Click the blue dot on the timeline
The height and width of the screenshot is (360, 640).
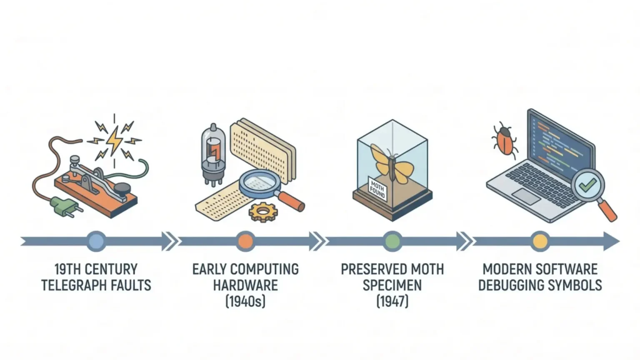pos(96,241)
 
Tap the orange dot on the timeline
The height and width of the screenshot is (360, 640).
pos(245,241)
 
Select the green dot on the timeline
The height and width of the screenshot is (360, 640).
pos(392,241)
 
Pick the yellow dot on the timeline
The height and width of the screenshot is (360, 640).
pos(540,241)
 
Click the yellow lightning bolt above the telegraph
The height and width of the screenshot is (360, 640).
pos(115,140)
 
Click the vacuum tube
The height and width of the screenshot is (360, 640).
pos(213,154)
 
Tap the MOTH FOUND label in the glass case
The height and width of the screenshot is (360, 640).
pos(377,189)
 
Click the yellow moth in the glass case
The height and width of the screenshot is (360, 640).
pos(391,164)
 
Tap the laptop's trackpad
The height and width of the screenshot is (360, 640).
pos(526,196)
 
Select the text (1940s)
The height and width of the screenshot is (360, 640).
pos(245,301)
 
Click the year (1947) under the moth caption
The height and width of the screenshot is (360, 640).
pos(392,301)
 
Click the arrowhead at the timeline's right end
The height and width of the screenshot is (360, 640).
pos(611,241)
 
